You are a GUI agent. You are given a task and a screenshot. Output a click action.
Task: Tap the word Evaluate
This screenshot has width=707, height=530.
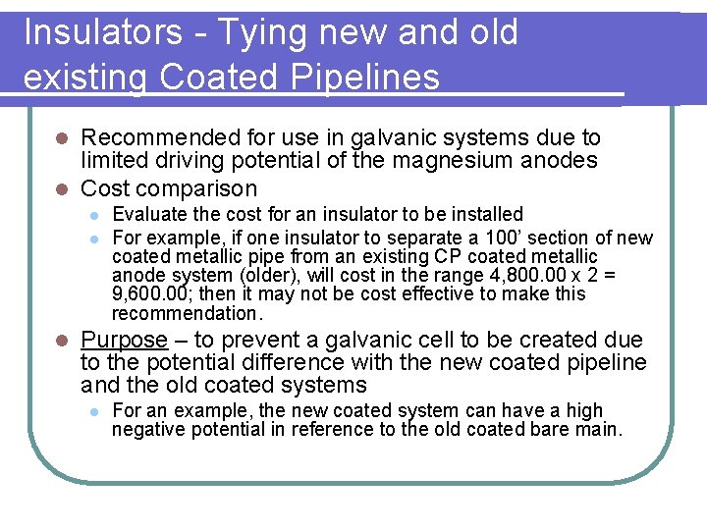coord(146,214)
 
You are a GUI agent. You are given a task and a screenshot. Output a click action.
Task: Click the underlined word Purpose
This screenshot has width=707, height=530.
coord(125,340)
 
